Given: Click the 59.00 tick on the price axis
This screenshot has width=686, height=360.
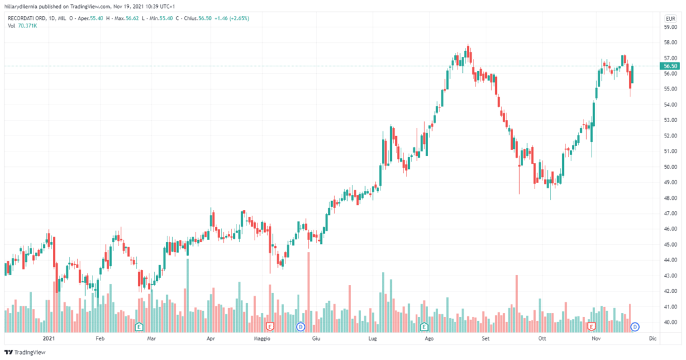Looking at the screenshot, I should (669, 27).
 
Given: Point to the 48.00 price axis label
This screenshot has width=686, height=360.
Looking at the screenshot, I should (669, 198).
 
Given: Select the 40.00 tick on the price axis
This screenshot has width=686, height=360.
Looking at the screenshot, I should (669, 322).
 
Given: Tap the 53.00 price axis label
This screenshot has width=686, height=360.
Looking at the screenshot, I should (669, 121).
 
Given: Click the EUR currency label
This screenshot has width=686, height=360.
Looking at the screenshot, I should (669, 18).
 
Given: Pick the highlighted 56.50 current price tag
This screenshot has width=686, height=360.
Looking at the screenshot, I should (670, 66).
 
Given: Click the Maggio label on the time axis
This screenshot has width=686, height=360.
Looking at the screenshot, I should (261, 339).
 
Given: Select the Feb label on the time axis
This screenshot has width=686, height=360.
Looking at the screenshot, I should (100, 339).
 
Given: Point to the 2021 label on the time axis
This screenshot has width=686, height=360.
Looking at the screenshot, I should (48, 339).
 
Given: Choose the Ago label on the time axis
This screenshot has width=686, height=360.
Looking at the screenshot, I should (430, 339).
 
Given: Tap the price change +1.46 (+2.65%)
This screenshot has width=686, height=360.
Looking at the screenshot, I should (230, 18).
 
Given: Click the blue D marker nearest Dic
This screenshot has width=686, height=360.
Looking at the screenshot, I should (635, 326).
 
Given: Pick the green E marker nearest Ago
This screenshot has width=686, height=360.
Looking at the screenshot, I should (423, 326).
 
